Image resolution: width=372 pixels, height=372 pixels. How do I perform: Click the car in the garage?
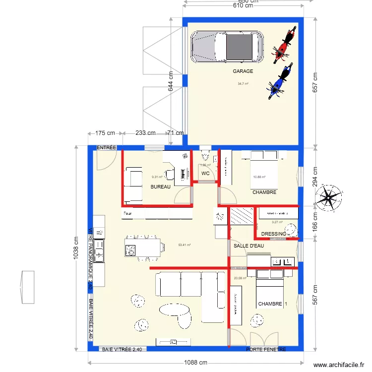coord(228,48)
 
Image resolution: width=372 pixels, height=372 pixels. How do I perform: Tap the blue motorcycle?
coord(278,82)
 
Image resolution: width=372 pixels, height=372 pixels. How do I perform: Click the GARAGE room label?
coord(243,71)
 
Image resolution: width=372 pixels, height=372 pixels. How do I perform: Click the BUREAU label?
coord(160,187)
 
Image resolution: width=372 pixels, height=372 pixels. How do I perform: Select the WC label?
coord(205,174)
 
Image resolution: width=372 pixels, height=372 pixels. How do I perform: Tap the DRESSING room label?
coord(274,234)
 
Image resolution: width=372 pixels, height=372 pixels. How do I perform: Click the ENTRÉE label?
coord(106,148)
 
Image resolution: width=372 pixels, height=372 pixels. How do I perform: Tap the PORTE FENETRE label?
coord(266,350)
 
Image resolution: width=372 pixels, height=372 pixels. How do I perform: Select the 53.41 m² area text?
coord(185,245)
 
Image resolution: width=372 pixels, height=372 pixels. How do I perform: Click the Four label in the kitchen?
coord(127,214)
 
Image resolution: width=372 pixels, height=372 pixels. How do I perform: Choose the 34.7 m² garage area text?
coord(243,84)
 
